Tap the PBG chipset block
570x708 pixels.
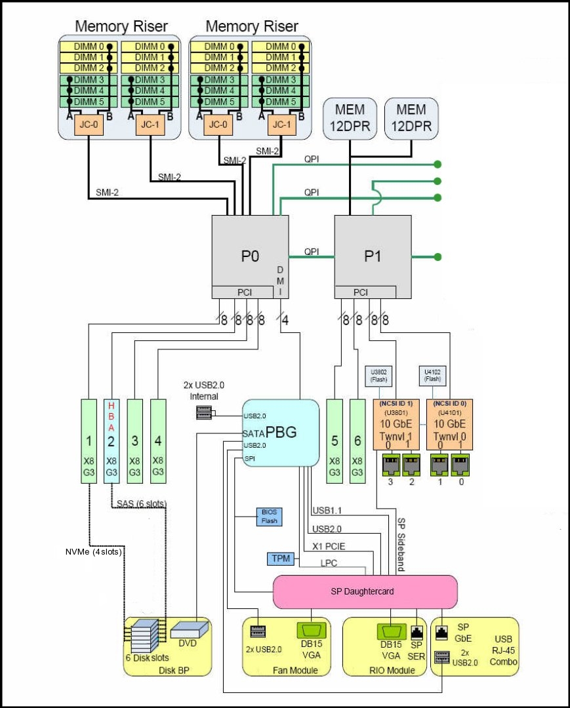click(x=281, y=433)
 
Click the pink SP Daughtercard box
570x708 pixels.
click(x=364, y=591)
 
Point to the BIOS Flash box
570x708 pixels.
click(x=268, y=517)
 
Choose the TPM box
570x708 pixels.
click(x=276, y=559)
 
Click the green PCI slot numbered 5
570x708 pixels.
click(x=335, y=440)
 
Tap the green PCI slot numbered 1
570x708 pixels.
click(x=88, y=440)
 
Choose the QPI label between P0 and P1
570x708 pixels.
click(x=312, y=251)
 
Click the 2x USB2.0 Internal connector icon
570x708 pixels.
click(x=204, y=414)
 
